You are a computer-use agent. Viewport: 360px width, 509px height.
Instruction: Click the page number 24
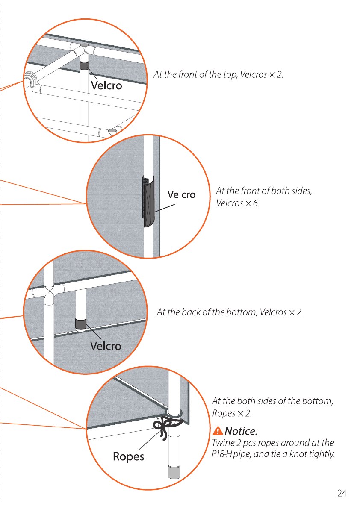(342, 493)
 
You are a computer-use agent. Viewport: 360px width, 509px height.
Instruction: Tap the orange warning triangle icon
(218, 431)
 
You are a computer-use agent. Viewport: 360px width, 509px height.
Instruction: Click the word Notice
(241, 431)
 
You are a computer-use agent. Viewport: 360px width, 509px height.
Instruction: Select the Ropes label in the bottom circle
(128, 456)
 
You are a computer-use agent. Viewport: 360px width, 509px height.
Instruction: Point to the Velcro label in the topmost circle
(106, 85)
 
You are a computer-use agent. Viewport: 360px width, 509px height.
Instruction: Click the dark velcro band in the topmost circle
(84, 66)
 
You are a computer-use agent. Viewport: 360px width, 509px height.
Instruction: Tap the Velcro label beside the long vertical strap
(181, 194)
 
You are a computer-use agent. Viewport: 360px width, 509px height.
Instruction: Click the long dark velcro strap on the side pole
(148, 202)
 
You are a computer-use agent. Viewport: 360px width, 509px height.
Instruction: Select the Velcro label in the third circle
(106, 346)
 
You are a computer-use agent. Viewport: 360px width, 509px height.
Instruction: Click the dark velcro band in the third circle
(80, 324)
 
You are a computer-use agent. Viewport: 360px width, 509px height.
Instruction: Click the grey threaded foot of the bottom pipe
(174, 472)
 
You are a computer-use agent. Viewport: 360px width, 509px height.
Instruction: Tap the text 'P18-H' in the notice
(222, 454)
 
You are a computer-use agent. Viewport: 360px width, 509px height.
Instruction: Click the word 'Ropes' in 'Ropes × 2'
(224, 414)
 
